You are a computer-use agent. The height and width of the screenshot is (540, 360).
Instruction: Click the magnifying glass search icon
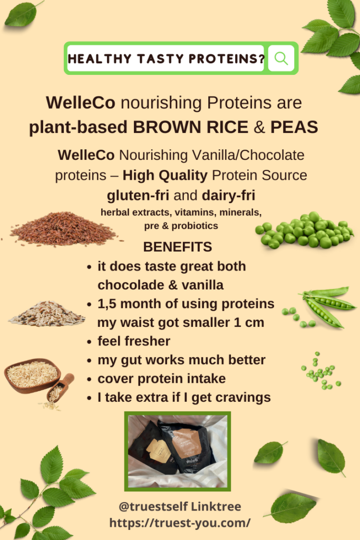[281, 58]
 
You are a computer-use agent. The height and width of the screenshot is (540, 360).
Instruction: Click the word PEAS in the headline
[294, 127]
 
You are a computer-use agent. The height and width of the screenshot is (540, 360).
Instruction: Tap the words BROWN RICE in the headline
[190, 127]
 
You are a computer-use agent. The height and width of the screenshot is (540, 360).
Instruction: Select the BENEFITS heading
[177, 247]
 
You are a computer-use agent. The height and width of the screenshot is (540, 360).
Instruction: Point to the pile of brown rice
[64, 228]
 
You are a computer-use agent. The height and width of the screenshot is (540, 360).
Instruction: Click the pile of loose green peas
[305, 230]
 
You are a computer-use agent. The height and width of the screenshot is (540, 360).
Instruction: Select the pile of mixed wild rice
[47, 314]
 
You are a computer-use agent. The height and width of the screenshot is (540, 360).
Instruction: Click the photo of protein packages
[178, 451]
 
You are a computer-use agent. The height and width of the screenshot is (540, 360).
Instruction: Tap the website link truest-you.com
[180, 523]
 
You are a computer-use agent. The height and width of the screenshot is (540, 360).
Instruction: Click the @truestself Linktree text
[180, 507]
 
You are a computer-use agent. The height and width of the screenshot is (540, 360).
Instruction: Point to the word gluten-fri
[138, 196]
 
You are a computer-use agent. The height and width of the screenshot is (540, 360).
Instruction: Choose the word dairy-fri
[229, 196]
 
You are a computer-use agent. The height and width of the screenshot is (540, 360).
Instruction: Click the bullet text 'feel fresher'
[134, 341]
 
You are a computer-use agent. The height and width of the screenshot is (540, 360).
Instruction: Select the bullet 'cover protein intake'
[162, 379]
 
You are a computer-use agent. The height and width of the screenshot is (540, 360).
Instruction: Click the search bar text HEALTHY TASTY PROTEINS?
[166, 59]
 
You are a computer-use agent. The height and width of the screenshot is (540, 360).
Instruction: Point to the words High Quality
[165, 175]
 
